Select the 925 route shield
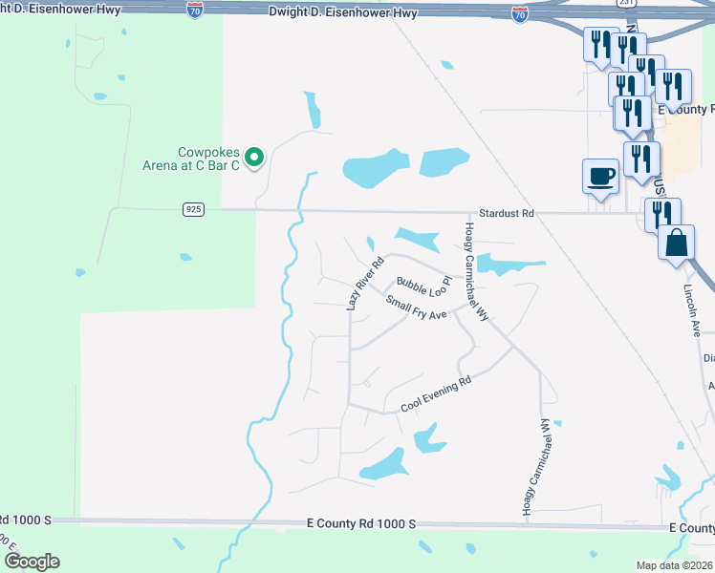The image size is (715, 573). [x=189, y=209]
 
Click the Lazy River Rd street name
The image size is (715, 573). [x=363, y=282]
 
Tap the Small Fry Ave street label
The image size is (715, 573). [x=417, y=308]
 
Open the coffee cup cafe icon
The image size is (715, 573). [x=599, y=176]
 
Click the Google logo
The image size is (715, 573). [x=32, y=562]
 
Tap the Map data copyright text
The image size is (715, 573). [x=675, y=565]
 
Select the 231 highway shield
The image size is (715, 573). [x=624, y=3]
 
